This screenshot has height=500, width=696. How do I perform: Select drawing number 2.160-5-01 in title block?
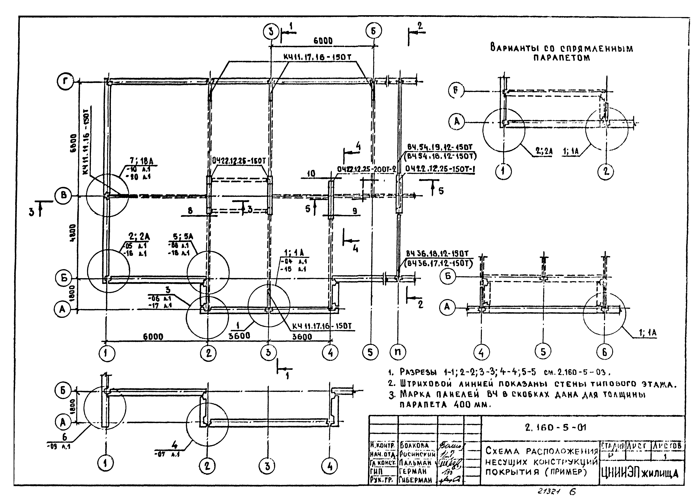(x=555, y=427)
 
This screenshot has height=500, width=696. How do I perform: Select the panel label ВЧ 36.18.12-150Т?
(x=437, y=254)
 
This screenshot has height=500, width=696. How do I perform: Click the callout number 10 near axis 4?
(x=311, y=174)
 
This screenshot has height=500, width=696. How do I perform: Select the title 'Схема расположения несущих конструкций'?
(x=542, y=461)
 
